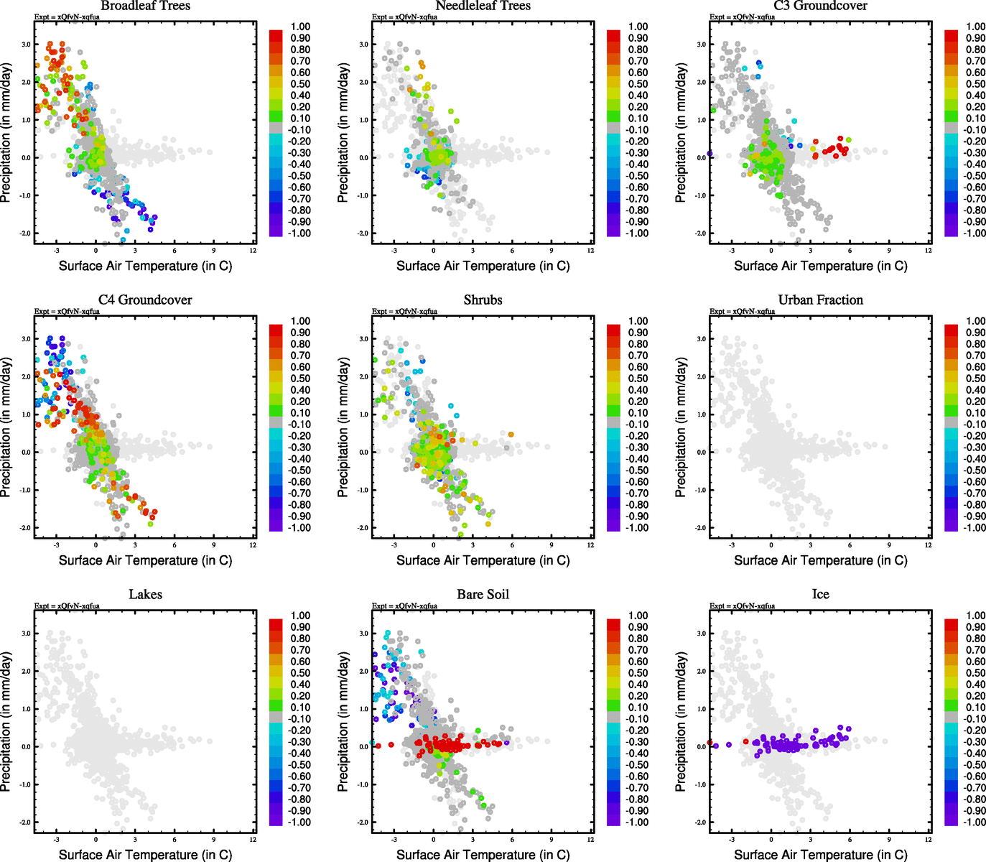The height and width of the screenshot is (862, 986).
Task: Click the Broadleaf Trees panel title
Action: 145,6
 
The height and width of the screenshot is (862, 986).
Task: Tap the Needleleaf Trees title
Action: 483,6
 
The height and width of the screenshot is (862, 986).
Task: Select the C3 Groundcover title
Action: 820,6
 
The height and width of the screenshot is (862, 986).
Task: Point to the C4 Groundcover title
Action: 145,300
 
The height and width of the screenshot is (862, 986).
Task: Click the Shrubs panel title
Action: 483,300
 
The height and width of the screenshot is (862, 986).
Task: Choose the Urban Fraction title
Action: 820,300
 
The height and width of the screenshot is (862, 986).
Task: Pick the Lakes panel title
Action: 145,594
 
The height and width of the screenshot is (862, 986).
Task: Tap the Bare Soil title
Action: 483,594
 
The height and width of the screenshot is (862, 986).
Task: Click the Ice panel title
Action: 820,594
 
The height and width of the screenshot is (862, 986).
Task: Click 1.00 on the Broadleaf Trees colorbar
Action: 300,27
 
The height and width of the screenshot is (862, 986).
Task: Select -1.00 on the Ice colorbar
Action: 975,822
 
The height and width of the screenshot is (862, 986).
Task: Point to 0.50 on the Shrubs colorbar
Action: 638,379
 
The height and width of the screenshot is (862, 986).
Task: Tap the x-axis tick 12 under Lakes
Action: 253,839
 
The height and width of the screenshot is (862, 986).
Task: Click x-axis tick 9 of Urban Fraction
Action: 889,544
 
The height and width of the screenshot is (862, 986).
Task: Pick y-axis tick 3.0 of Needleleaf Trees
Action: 364,45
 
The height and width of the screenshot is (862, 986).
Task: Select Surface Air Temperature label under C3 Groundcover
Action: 820,266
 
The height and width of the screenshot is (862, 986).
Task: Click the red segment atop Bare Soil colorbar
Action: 614,622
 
